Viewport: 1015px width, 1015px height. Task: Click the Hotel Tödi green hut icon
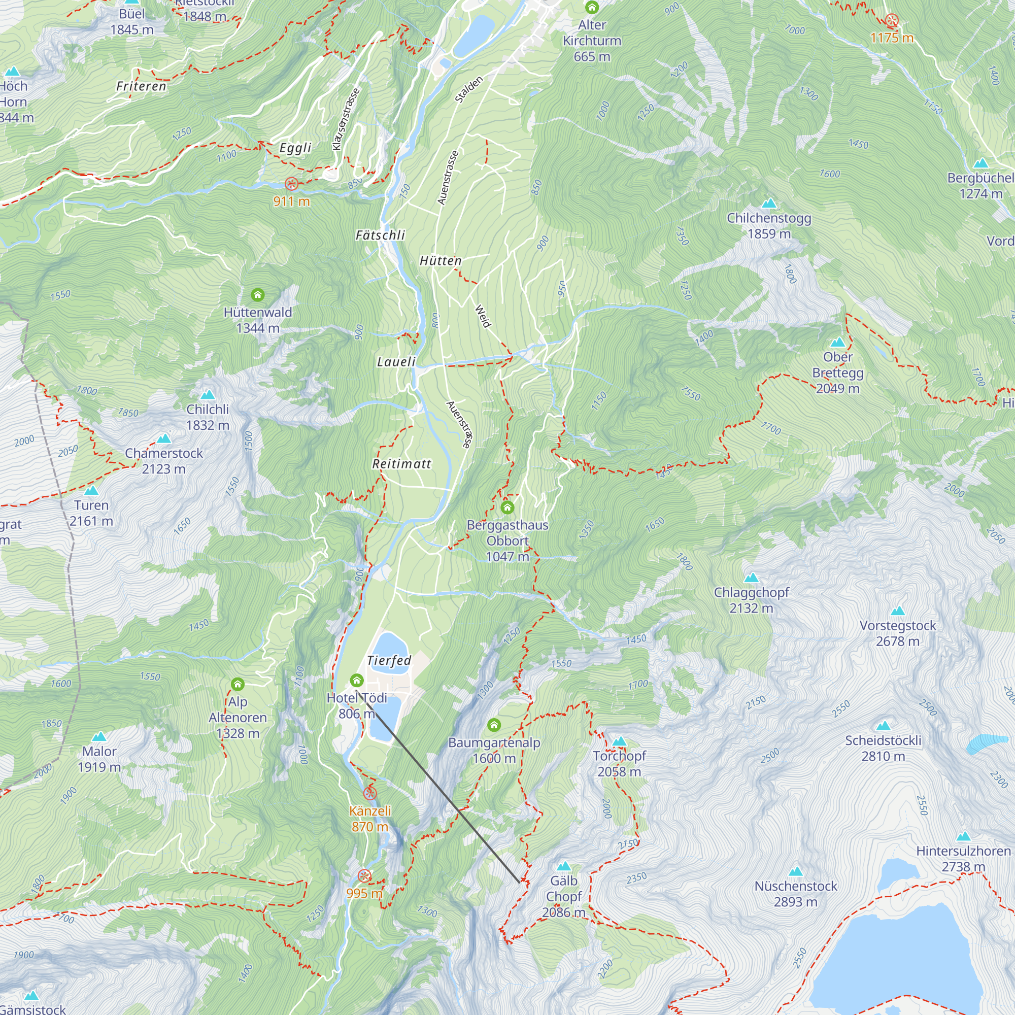(357, 681)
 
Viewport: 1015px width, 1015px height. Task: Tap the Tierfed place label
(389, 660)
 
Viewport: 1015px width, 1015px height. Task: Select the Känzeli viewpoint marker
(370, 793)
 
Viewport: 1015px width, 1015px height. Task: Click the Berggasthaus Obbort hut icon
(507, 507)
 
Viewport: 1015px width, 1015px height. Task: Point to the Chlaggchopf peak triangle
(751, 578)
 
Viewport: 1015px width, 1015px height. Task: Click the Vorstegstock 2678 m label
(897, 633)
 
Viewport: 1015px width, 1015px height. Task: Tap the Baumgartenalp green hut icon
(494, 726)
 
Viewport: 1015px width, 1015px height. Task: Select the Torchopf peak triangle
(619, 741)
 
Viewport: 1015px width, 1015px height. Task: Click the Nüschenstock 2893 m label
(795, 894)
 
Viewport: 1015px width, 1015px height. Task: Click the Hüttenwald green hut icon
(257, 295)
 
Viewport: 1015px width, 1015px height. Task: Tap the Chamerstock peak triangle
(164, 438)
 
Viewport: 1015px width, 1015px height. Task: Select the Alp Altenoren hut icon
(238, 684)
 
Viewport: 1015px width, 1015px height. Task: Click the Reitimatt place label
(401, 464)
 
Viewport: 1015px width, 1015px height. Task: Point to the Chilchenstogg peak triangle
(768, 204)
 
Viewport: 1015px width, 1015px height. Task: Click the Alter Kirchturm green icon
(592, 7)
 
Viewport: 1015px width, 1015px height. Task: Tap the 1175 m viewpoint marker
(892, 21)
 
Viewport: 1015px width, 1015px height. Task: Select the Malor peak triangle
(99, 736)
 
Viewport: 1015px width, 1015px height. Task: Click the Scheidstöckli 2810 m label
(883, 748)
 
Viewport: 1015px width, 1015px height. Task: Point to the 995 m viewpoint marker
(364, 876)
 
